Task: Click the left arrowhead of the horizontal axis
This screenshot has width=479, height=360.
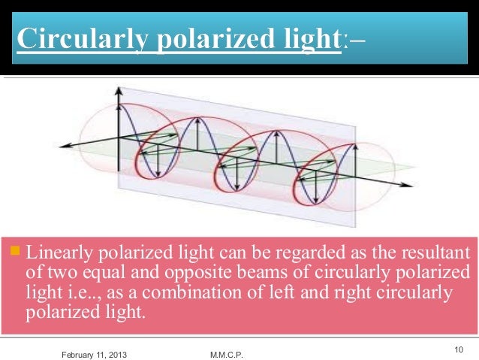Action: pyautogui.click(x=64, y=144)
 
